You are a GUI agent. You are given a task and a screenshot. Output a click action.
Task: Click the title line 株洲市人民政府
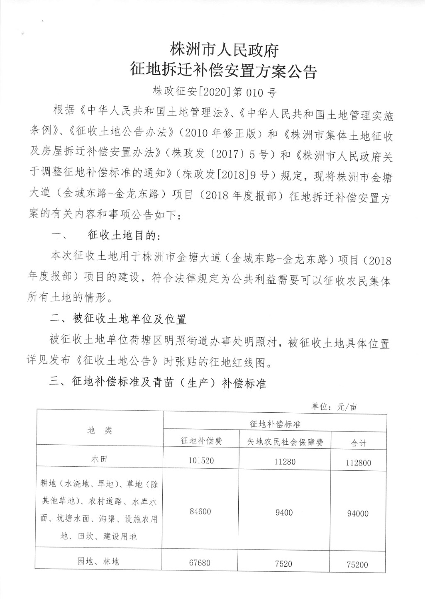click(x=224, y=51)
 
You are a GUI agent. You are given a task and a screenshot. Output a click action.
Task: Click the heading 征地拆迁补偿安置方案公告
click(x=224, y=71)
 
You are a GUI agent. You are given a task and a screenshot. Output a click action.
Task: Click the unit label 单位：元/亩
click(x=334, y=407)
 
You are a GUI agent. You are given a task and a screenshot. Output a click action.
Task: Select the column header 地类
click(x=100, y=431)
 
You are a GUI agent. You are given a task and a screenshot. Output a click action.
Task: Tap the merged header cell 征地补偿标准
click(x=275, y=424)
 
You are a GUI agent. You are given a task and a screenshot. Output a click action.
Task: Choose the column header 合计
click(x=358, y=443)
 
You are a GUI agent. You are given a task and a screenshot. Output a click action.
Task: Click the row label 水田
click(x=100, y=460)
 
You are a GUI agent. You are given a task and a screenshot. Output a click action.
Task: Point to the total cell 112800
click(x=358, y=463)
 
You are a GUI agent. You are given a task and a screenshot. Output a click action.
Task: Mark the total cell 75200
click(x=357, y=565)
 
